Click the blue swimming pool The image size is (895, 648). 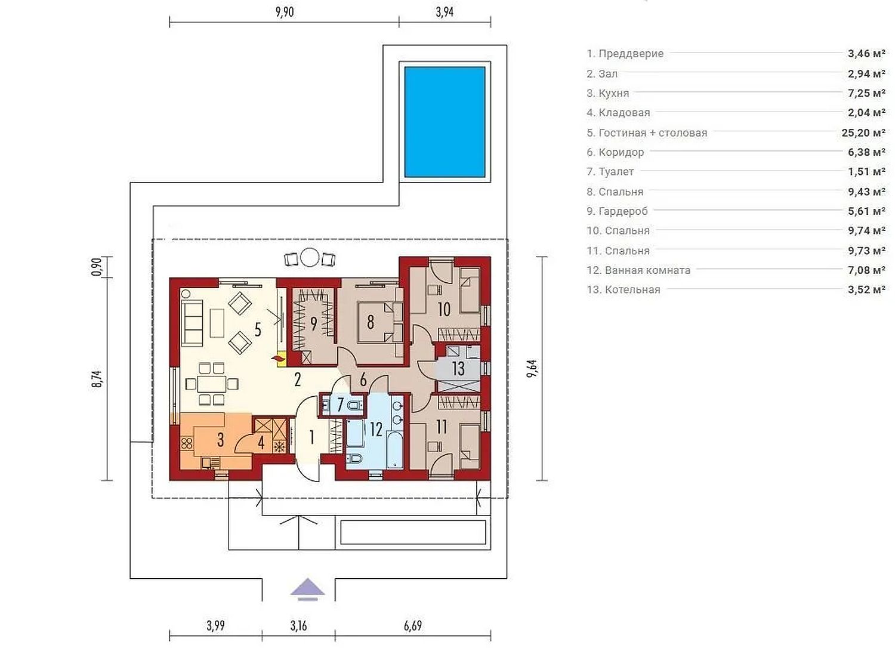pyautogui.click(x=445, y=122)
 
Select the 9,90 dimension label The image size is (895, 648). pyautogui.click(x=285, y=12)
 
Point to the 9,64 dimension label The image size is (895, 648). pyautogui.click(x=533, y=369)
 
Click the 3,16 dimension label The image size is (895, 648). pyautogui.click(x=298, y=625)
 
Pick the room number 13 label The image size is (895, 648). pyautogui.click(x=458, y=369)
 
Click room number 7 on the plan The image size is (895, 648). pyautogui.click(x=340, y=405)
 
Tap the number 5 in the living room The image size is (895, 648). pyautogui.click(x=258, y=329)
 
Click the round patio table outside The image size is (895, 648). pyautogui.click(x=309, y=257)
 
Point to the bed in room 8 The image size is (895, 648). pyautogui.click(x=375, y=322)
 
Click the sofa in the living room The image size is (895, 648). pyautogui.click(x=193, y=323)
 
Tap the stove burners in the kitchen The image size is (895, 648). pyautogui.click(x=187, y=444)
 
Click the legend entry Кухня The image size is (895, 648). pyautogui.click(x=608, y=94)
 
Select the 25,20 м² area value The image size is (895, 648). pyautogui.click(x=863, y=132)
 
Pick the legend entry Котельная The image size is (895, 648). pyautogui.click(x=624, y=289)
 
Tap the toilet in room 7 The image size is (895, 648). pyautogui.click(x=355, y=406)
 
